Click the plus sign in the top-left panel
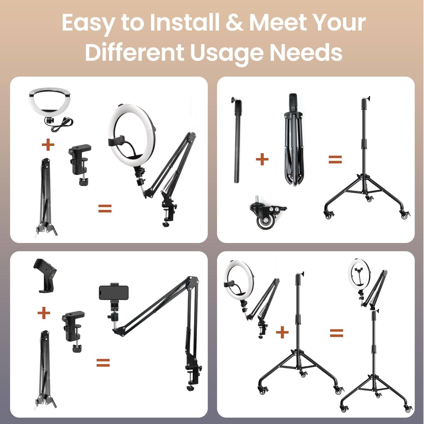point(48,145)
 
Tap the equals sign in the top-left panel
point(105,209)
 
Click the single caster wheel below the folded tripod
point(266,214)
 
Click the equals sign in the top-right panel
point(335,160)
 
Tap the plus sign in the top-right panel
point(262,159)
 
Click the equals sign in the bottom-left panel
point(103,363)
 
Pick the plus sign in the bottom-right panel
point(282,332)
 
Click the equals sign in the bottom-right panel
point(336,333)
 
